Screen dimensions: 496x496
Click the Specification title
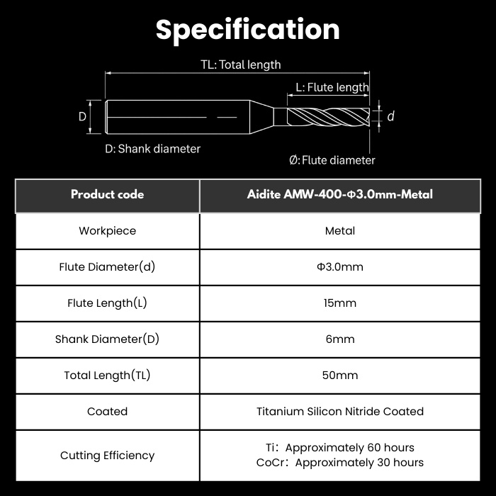tap(248, 30)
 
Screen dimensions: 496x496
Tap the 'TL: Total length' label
tap(241, 64)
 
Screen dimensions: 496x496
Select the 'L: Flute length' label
tap(332, 87)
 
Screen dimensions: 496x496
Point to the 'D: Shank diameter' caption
tap(152, 149)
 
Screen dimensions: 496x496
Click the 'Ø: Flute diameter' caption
tap(332, 160)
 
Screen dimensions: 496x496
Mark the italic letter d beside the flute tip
tap(390, 116)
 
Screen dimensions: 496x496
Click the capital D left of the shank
tap(82, 117)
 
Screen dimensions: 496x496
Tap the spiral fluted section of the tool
tap(328, 116)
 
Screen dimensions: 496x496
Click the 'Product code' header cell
tap(107, 194)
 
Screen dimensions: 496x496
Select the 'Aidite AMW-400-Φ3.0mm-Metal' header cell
tap(339, 194)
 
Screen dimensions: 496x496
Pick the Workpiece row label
tap(107, 231)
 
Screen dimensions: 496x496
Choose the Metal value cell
tap(339, 231)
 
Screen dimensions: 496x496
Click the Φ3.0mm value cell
tap(339, 267)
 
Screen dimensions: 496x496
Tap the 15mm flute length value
tap(339, 303)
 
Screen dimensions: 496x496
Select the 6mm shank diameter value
tap(339, 339)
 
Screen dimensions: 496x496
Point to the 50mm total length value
tap(339, 375)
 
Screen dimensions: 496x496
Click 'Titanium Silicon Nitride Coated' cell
tap(339, 411)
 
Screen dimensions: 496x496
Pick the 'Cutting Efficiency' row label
tap(107, 456)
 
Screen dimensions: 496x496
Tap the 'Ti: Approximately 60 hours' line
tap(339, 448)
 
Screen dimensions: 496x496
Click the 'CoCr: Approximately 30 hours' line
tap(339, 463)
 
